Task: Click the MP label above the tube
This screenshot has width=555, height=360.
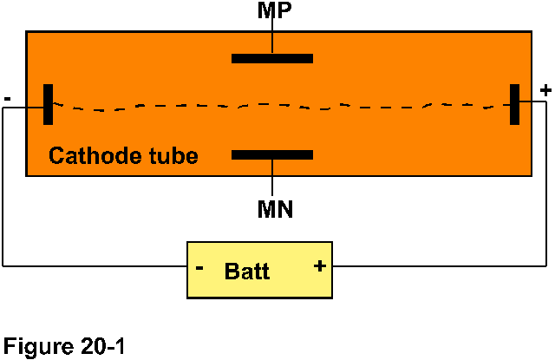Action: point(273,11)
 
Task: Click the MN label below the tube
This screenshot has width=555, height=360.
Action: point(275,209)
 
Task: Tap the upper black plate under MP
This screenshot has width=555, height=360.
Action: point(272,59)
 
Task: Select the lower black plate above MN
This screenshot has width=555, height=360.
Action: point(272,155)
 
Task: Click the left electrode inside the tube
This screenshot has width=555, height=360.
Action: point(49,105)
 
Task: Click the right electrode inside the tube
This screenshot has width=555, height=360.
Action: point(514,105)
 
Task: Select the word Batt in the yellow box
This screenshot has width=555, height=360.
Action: point(247,272)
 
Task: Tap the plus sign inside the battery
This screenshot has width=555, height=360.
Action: point(319,265)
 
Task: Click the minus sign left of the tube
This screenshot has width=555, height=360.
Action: point(7,99)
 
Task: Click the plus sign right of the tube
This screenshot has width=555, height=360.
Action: point(545,89)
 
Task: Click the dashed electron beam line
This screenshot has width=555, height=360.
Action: point(277,108)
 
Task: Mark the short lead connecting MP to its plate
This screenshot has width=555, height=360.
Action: point(272,38)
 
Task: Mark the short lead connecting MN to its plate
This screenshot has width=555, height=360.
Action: point(272,179)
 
